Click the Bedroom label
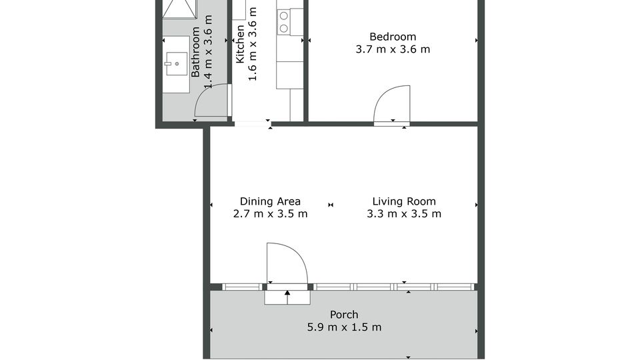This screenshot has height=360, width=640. [393, 37]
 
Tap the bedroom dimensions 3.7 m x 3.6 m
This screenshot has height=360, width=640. [393, 49]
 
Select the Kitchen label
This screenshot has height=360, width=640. [240, 44]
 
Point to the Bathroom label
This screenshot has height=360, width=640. [195, 52]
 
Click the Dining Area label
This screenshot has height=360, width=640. [270, 201]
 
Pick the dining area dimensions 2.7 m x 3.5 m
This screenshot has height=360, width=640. [270, 214]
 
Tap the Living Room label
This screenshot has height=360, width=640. [404, 201]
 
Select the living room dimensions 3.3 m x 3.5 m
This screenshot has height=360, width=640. [404, 214]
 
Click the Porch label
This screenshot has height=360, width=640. [344, 315]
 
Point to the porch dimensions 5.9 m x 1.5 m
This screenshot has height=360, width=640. [344, 327]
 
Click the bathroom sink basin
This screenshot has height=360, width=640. [176, 64]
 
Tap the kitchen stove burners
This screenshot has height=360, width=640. [284, 22]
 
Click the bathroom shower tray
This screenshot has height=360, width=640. [179, 9]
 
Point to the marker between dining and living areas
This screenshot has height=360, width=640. [331, 205]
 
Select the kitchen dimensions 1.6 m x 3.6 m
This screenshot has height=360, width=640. [253, 44]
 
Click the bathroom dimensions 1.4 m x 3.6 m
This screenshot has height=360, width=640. [208, 52]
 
